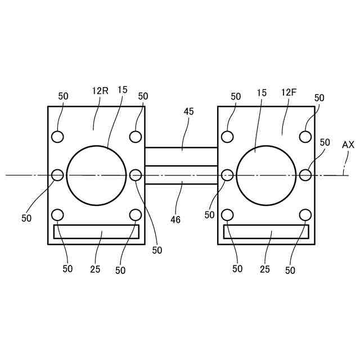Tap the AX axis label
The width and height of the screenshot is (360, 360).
pyautogui.click(x=348, y=145)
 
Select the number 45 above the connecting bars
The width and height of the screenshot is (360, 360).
pyautogui.click(x=188, y=111)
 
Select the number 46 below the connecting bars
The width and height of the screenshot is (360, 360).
pyautogui.click(x=175, y=220)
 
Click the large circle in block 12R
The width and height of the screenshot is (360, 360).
pyautogui.click(x=96, y=175)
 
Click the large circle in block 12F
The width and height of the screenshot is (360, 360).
pyautogui.click(x=266, y=175)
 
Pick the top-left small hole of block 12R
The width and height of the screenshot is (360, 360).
pyautogui.click(x=57, y=136)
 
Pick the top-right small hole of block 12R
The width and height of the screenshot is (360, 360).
pyautogui.click(x=135, y=136)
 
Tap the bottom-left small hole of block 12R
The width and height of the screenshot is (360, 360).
pyautogui.click(x=57, y=214)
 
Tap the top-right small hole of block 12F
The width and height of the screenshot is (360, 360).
pyautogui.click(x=305, y=136)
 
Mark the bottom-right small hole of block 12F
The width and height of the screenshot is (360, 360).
pyautogui.click(x=305, y=214)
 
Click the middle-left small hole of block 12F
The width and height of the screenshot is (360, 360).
pyautogui.click(x=228, y=175)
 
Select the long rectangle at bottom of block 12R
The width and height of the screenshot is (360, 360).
pyautogui.click(x=96, y=231)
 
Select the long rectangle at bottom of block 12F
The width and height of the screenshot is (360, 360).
pyautogui.click(x=266, y=231)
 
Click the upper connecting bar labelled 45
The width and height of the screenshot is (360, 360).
pyautogui.click(x=181, y=156)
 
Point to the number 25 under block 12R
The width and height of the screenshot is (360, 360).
pyautogui.click(x=95, y=269)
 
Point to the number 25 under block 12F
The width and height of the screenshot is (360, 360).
pyautogui.click(x=265, y=269)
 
